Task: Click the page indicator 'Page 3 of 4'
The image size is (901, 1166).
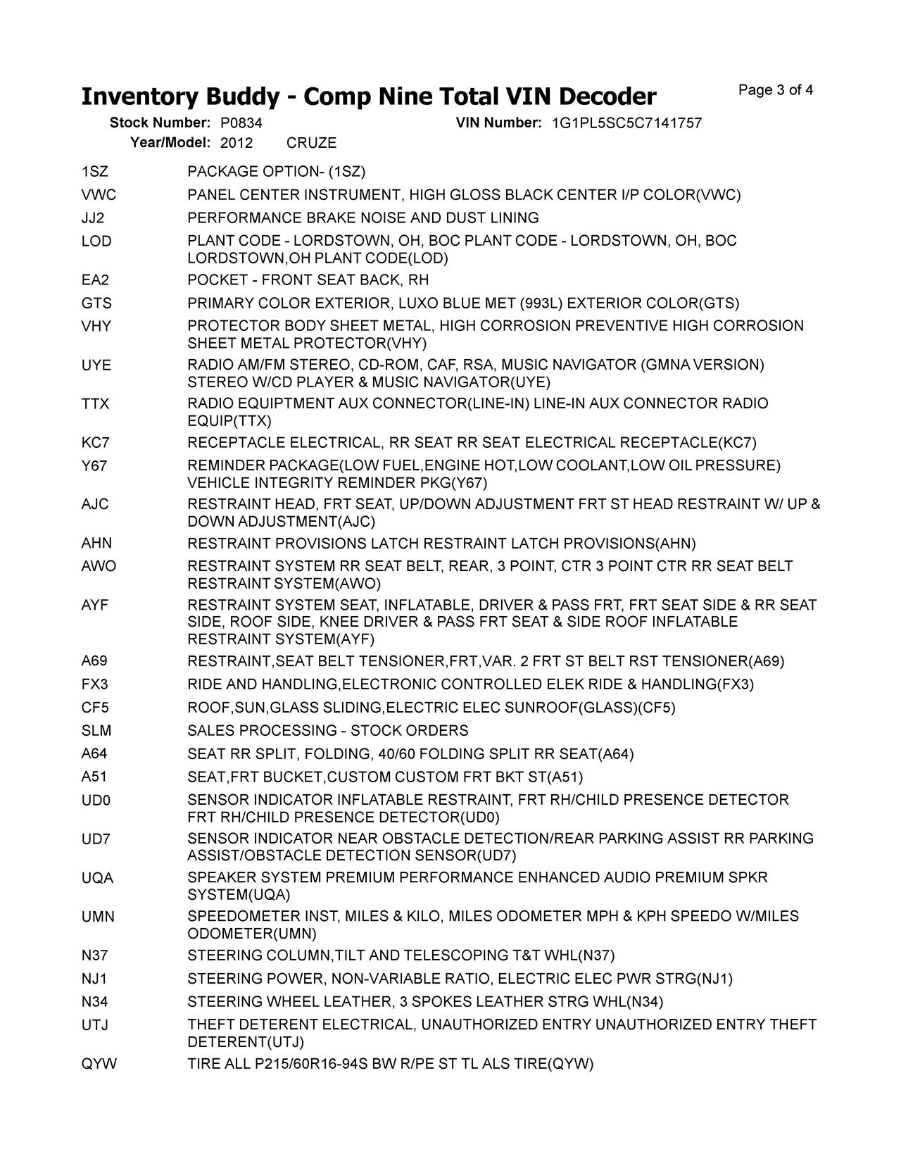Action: click(776, 90)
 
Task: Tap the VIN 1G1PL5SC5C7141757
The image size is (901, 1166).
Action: click(626, 123)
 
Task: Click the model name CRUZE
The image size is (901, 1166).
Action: click(311, 143)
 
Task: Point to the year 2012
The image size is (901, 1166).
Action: click(236, 143)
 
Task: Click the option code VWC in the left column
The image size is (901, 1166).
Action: click(99, 195)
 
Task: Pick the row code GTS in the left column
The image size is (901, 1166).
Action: click(96, 303)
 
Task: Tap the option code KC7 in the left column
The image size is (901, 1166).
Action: click(96, 443)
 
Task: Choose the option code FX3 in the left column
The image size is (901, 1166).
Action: click(95, 684)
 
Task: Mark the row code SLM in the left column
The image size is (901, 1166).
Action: click(96, 731)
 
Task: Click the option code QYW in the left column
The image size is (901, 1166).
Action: click(99, 1064)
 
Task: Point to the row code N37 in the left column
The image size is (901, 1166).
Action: click(95, 955)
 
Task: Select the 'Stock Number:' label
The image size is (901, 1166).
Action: click(160, 123)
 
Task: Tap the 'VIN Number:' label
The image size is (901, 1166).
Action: click(498, 123)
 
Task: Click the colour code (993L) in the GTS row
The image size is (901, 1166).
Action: click(541, 303)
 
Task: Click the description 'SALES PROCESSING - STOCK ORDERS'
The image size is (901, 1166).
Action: click(327, 731)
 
